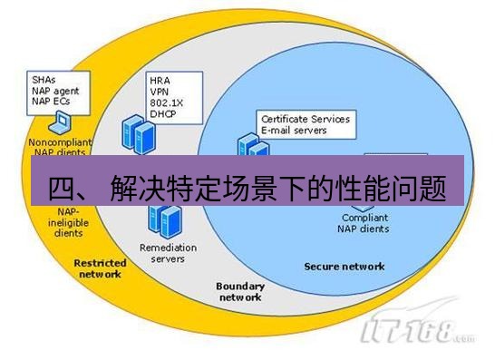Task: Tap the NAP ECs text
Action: click(x=48, y=101)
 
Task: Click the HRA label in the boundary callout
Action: click(x=160, y=81)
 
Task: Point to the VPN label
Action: click(x=159, y=91)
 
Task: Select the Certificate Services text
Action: click(x=305, y=120)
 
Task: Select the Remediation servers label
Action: click(x=162, y=252)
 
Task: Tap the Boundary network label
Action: click(x=240, y=291)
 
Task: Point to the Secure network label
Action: click(x=345, y=267)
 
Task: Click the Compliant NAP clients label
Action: click(x=365, y=223)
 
